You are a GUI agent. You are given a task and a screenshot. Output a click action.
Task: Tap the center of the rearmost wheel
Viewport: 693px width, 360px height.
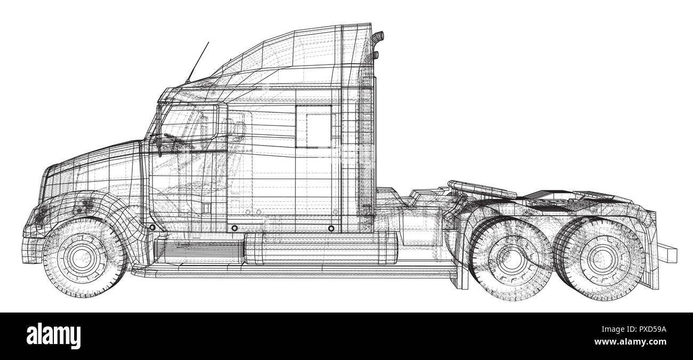[604, 259]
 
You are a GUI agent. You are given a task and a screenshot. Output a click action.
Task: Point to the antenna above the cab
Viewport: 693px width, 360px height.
[198, 62]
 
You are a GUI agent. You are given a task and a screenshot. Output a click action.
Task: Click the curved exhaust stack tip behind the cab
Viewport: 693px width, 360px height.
[379, 38]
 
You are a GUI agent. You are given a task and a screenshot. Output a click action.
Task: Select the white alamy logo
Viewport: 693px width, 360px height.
[53, 337]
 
